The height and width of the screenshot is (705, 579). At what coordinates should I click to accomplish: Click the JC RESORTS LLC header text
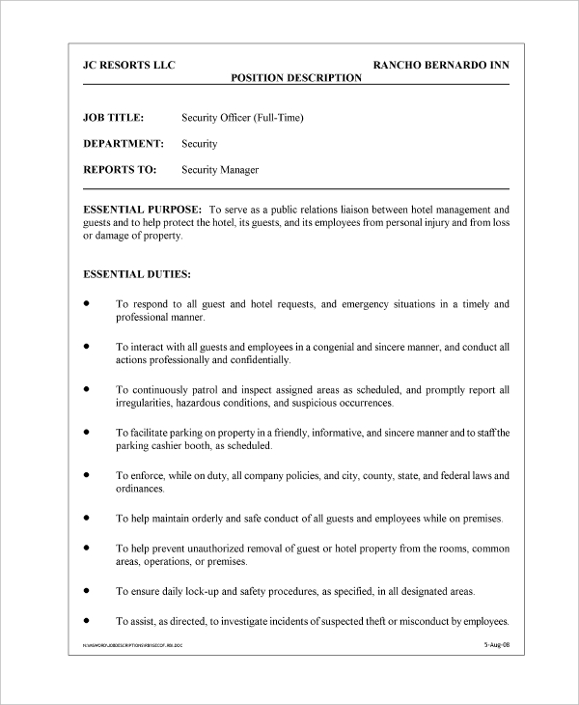click(129, 67)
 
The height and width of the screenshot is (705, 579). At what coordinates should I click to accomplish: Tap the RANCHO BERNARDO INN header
click(441, 67)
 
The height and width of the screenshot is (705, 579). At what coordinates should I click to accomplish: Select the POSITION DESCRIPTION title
click(296, 78)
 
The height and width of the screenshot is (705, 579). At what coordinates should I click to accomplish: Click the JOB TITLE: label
click(114, 118)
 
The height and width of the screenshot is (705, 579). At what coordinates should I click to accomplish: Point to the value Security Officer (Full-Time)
click(242, 118)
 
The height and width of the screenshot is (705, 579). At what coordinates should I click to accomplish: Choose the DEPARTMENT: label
click(124, 144)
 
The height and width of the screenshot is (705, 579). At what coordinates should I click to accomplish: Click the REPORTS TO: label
click(120, 170)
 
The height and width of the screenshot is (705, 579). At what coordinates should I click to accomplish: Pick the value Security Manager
click(220, 170)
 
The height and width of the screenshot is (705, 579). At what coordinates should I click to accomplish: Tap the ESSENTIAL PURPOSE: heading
click(143, 209)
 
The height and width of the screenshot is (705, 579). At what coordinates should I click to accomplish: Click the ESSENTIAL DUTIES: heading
click(137, 274)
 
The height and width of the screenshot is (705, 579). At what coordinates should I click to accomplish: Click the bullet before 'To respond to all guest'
click(87, 303)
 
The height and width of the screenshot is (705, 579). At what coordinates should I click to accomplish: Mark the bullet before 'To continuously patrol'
click(87, 388)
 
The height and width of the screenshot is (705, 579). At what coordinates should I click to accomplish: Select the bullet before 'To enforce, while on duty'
click(87, 475)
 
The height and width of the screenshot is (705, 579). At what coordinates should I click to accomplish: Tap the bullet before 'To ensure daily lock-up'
click(87, 588)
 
